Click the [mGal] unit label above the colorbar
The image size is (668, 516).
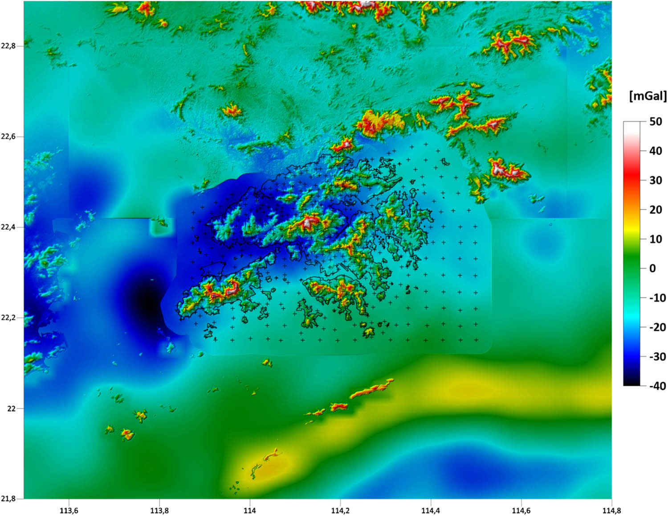tap(648, 96)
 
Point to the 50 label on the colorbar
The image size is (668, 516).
tap(655, 121)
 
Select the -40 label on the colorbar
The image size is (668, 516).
tap(657, 386)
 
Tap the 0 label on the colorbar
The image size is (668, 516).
tap(652, 268)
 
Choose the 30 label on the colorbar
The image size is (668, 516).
tap(655, 180)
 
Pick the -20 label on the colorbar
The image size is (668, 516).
tap(657, 327)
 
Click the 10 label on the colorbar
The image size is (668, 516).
tap(655, 239)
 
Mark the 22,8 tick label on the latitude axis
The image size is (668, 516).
tap(8, 46)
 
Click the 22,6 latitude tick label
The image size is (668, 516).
tap(8, 136)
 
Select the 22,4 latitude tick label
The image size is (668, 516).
tap(8, 227)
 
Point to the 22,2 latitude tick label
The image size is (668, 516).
tap(8, 318)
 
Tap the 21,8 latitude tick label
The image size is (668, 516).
tap(8, 499)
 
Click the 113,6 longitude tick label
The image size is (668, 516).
tap(69, 510)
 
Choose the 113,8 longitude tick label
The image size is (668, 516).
tap(159, 510)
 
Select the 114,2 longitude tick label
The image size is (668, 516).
tap(340, 510)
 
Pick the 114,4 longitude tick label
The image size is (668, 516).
tap(431, 510)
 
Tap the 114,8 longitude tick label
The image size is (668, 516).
tap(611, 510)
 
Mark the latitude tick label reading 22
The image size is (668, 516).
tap(12, 408)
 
